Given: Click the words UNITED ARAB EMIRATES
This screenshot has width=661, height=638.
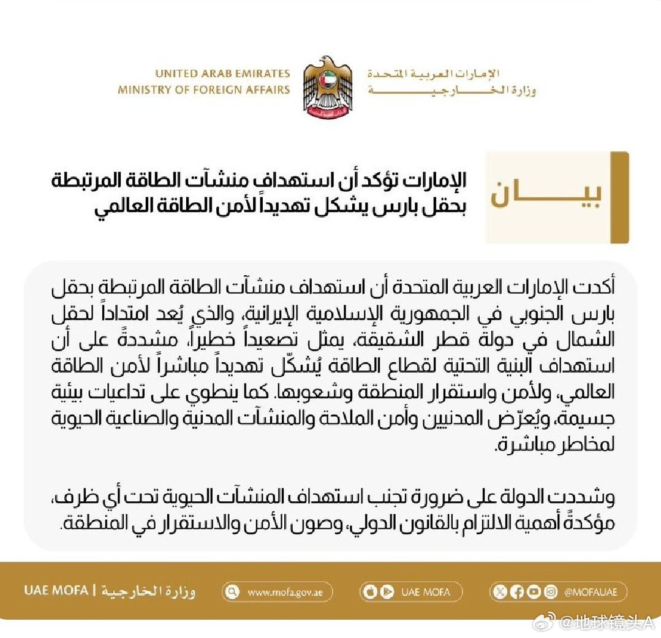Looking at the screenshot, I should [222, 74].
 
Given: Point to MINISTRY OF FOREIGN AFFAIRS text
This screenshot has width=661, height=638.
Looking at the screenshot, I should [204, 89].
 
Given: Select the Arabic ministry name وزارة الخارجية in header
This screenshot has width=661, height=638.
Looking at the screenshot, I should [452, 91].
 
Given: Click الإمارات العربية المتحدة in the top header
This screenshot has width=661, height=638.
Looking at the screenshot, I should [434, 74].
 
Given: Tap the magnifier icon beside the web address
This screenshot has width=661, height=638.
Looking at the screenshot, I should [232, 592].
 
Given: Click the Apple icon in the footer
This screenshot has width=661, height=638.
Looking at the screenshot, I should [369, 592].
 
